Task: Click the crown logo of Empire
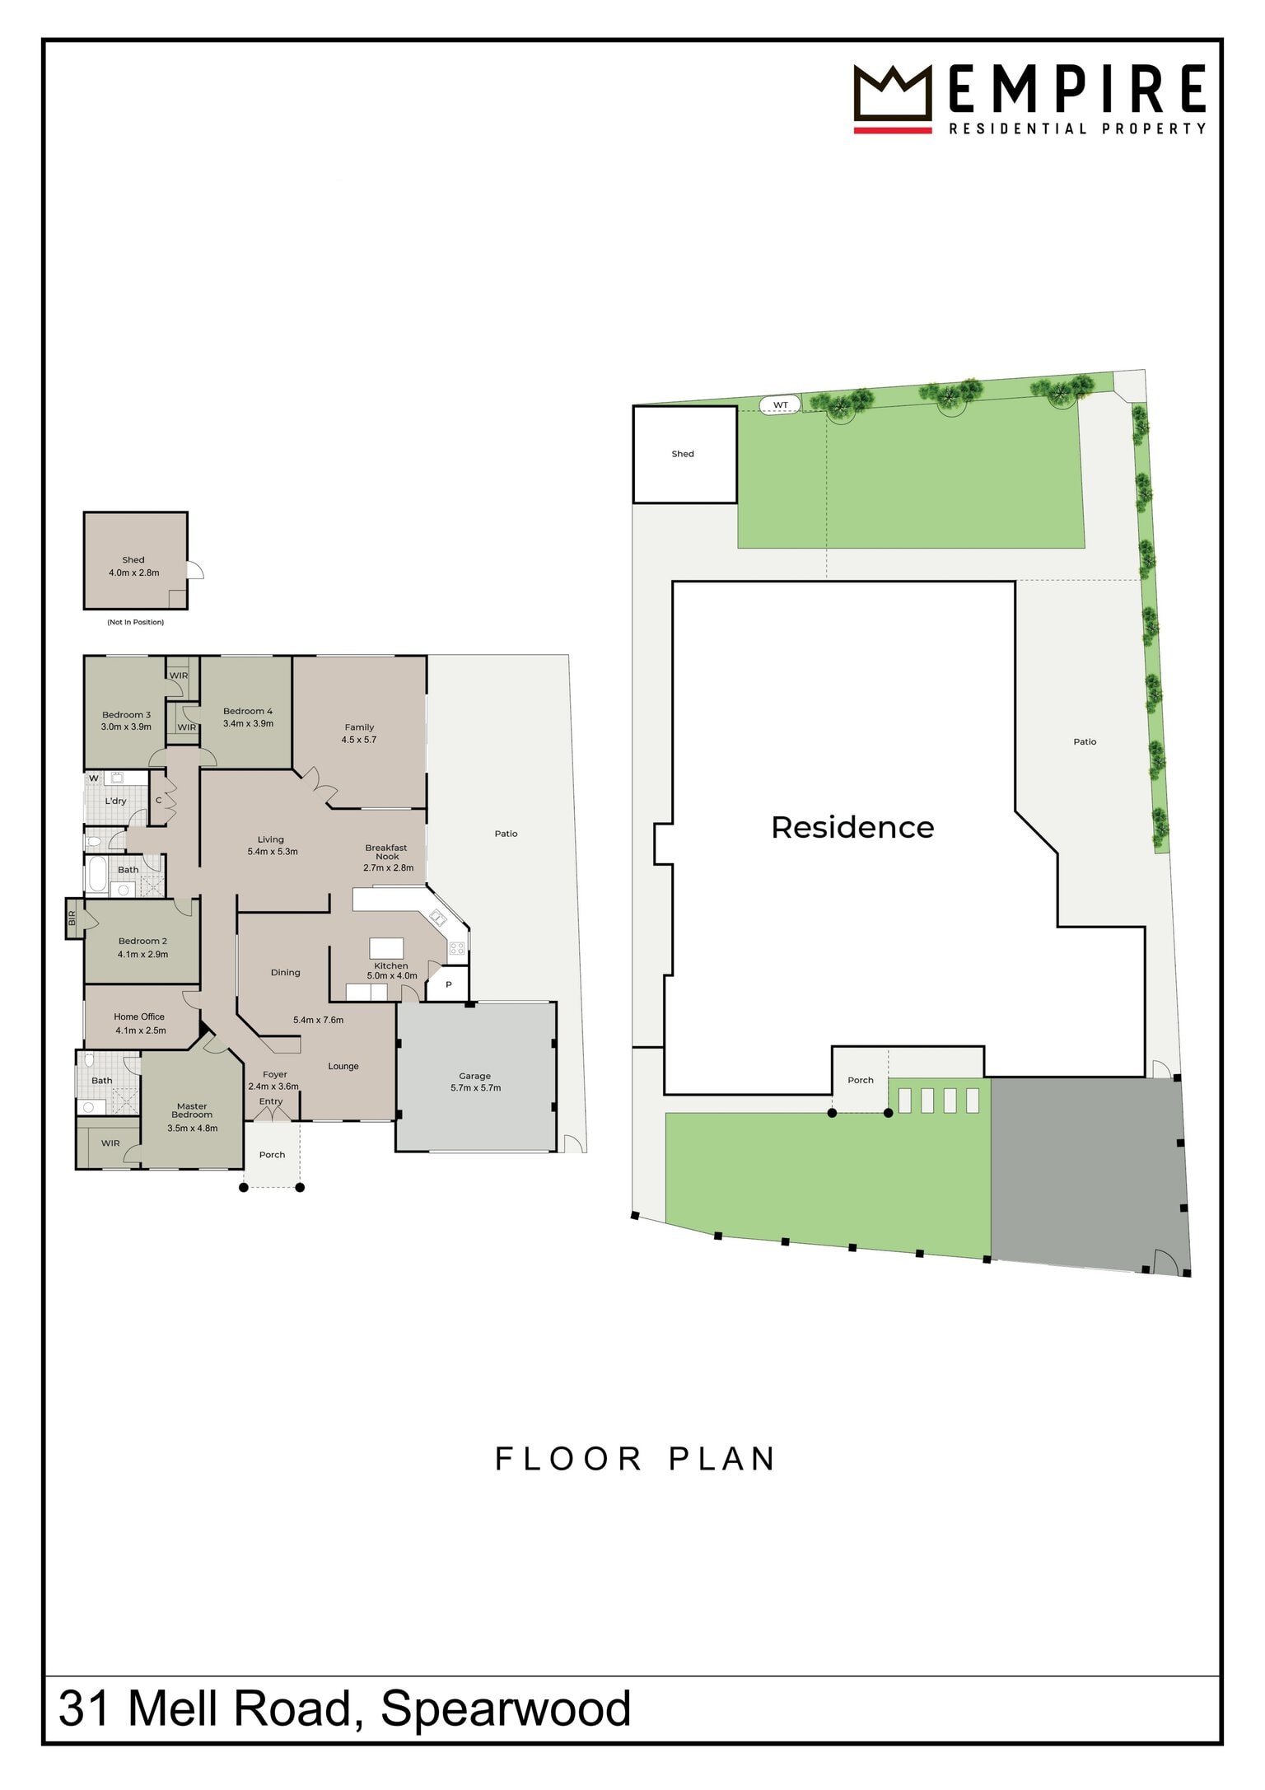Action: coord(892,98)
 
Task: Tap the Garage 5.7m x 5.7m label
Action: coord(475,1082)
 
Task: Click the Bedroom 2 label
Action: coord(142,947)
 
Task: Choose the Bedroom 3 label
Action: coord(126,721)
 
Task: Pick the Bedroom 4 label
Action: coord(248,717)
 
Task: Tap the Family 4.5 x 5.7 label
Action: coord(359,733)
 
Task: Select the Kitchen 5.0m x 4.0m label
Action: coord(391,970)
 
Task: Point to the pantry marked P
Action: coord(449,984)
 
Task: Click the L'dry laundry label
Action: coord(115,801)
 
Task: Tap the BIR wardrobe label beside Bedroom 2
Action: coord(72,918)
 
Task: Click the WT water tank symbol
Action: coord(780,404)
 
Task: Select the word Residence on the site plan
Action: coord(852,827)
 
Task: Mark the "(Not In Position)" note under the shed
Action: coord(135,622)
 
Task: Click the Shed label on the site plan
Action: coord(683,454)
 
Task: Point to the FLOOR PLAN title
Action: coord(635,1459)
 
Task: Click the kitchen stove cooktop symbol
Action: coord(457,948)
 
